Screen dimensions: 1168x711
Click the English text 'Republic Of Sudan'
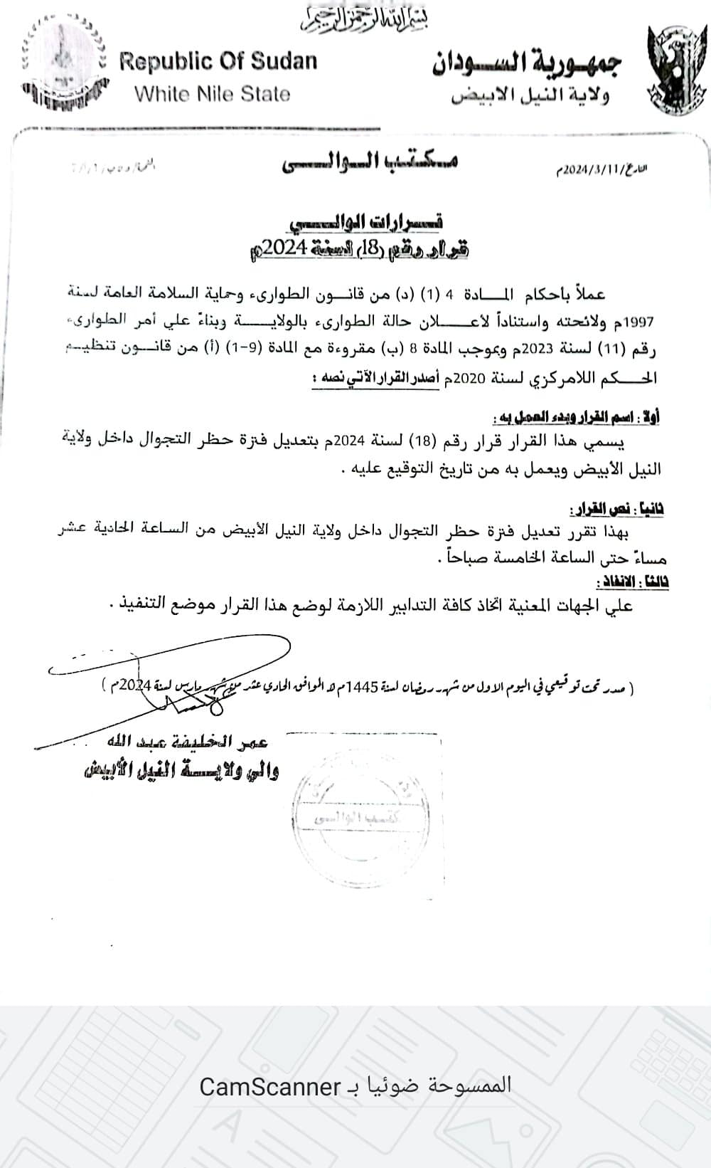(218, 62)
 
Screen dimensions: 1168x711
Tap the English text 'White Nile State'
(212, 94)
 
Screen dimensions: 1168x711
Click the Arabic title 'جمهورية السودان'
(527, 63)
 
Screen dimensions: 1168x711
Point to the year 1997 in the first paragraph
(639, 322)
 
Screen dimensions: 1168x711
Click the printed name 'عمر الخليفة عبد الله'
(186, 742)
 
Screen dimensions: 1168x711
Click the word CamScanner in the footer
(269, 1087)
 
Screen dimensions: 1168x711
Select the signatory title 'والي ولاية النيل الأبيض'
(181, 771)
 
